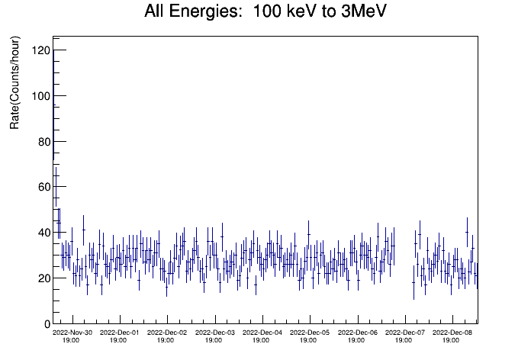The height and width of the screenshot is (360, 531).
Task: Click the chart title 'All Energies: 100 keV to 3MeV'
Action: [265, 11]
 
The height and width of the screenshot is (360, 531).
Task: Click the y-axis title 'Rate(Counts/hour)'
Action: [14, 82]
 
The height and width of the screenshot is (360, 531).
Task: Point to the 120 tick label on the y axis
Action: [40, 50]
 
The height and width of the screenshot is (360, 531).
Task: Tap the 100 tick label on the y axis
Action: [40, 96]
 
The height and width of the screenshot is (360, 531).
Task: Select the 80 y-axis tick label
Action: [44, 142]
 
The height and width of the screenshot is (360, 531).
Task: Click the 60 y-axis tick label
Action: [44, 187]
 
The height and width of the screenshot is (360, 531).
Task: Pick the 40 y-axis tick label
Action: [44, 233]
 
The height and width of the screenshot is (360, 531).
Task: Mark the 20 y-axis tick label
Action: [44, 278]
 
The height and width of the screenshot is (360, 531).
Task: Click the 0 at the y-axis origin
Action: [47, 324]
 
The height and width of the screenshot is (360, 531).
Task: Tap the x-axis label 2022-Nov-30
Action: [72, 333]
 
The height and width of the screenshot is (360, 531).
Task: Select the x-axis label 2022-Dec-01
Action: [119, 333]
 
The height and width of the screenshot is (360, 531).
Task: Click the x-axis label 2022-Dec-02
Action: [167, 333]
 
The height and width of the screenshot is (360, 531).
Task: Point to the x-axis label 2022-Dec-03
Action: [214, 333]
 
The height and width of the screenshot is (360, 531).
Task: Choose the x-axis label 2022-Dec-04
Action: [262, 333]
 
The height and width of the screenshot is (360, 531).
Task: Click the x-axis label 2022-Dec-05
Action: [310, 333]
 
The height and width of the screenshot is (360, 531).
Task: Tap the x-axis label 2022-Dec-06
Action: [358, 333]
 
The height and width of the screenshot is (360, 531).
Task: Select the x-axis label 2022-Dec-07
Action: [405, 333]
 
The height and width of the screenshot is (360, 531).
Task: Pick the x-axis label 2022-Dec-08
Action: [452, 333]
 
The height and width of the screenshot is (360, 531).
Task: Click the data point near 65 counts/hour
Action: [56, 175]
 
